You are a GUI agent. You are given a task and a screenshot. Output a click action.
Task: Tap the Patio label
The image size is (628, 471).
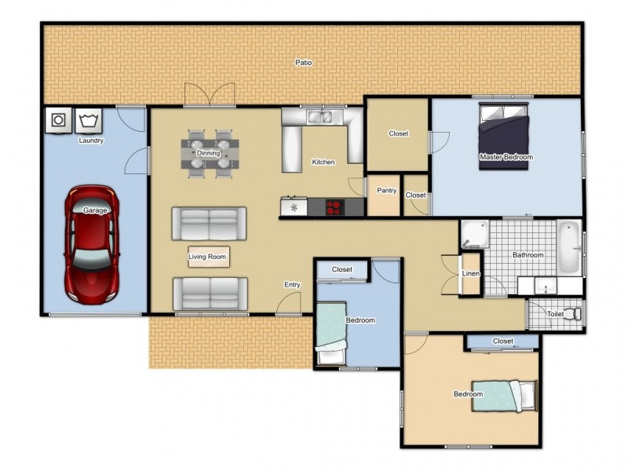click(304, 62)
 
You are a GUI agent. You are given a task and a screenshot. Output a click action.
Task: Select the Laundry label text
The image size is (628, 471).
click(92, 141)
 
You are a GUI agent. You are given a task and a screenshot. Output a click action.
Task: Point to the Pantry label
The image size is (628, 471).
click(386, 191)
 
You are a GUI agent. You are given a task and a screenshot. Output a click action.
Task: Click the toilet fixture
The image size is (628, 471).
click(575, 313)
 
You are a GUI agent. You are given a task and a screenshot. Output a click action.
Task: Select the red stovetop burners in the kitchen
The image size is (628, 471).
click(334, 207)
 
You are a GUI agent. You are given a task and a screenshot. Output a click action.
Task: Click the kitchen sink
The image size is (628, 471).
click(319, 118)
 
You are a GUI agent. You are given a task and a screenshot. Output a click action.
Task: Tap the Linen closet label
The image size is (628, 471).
click(471, 274)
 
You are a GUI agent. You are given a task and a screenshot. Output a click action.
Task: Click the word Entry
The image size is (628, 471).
click(292, 285)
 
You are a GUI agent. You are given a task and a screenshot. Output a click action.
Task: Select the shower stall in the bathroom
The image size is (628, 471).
click(473, 234)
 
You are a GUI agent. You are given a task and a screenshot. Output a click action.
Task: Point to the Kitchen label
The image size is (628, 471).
click(323, 162)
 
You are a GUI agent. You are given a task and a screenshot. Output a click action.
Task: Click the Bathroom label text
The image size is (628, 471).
click(528, 255)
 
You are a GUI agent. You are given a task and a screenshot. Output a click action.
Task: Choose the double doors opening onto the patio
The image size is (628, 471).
click(209, 96)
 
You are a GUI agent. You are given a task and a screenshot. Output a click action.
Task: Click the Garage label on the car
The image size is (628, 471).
click(95, 210)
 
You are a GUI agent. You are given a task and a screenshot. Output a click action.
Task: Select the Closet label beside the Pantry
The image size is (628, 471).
click(416, 195)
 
